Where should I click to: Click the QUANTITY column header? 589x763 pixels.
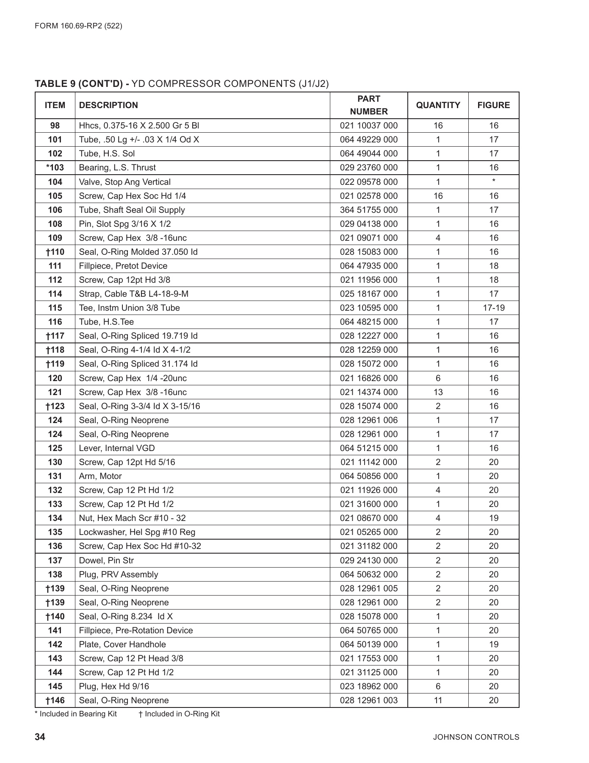pyautogui.click(x=438, y=105)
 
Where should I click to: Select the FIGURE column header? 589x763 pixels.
pyautogui.click(x=493, y=105)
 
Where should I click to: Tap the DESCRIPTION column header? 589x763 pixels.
pyautogui.click(x=108, y=105)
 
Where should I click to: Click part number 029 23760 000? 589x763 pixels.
pyautogui.click(x=368, y=167)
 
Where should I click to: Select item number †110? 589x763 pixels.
pyautogui.click(x=55, y=252)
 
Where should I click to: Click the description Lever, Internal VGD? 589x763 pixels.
pyautogui.click(x=117, y=448)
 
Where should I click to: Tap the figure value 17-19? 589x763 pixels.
pyautogui.click(x=494, y=308)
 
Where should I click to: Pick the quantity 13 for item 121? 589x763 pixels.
pyautogui.click(x=438, y=392)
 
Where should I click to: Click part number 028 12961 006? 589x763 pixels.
pyautogui.click(x=368, y=420)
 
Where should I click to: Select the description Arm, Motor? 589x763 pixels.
pyautogui.click(x=100, y=476)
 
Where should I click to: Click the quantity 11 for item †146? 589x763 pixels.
pyautogui.click(x=438, y=700)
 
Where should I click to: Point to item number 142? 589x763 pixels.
pyautogui.click(x=55, y=644)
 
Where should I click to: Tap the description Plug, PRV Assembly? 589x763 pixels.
pyautogui.click(x=119, y=574)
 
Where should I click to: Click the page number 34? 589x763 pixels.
pyautogui.click(x=40, y=737)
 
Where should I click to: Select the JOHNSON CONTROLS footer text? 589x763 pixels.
pyautogui.click(x=476, y=737)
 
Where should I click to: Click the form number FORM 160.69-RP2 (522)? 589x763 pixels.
pyautogui.click(x=78, y=26)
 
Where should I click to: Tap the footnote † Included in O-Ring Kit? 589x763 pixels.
pyautogui.click(x=179, y=714)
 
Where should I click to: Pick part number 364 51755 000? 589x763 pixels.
pyautogui.click(x=368, y=210)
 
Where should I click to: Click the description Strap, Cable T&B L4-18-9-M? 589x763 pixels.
pyautogui.click(x=134, y=294)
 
